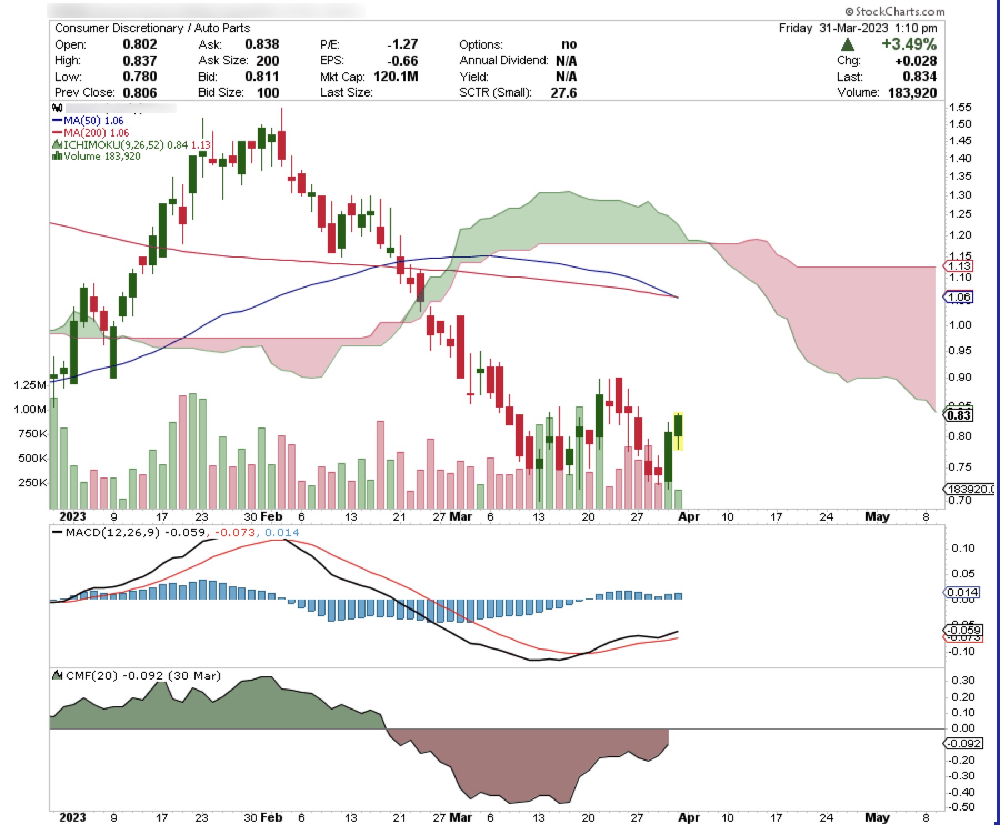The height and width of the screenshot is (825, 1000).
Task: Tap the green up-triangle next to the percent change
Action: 848,44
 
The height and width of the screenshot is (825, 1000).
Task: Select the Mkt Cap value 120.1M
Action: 396,76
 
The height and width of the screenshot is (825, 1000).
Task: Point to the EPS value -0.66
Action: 402,60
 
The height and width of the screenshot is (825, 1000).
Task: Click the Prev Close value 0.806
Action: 139,92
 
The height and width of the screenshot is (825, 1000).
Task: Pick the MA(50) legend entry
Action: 88,120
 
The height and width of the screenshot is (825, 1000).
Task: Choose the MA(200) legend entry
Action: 91,133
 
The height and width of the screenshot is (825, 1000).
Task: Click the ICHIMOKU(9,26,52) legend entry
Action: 113,145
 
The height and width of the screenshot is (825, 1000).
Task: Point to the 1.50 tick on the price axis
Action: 961,124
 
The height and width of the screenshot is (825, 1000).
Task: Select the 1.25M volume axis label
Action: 30,385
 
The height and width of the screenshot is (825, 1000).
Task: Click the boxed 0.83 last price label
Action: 959,415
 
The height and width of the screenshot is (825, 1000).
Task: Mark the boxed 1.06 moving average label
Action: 959,297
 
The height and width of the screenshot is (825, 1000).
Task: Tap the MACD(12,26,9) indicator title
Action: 112,532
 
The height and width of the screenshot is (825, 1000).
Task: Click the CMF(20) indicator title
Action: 92,676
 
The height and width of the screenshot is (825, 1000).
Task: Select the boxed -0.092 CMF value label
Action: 964,743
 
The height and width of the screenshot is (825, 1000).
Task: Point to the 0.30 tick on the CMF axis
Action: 963,680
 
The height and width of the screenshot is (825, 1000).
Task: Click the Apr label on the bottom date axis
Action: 688,817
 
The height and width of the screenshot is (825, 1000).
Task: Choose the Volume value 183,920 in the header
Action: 912,92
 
